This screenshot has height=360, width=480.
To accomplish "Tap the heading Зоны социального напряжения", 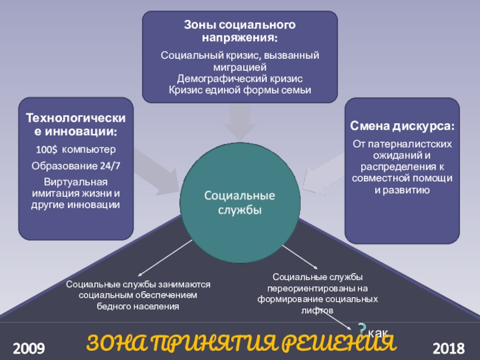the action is tap(239, 31).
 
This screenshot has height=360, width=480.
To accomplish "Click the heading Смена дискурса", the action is tap(402, 127).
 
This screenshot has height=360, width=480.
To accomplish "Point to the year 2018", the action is tap(448, 347).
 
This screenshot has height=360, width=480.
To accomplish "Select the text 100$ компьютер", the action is tap(76, 149).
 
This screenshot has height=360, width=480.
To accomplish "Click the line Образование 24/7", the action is tap(76, 166).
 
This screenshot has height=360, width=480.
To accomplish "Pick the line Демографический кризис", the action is tap(239, 79).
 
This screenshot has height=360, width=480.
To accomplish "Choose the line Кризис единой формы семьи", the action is tap(239, 89).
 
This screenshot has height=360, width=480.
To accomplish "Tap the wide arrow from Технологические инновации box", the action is tap(153, 171).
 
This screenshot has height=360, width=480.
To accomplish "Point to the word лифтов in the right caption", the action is tap(318, 310).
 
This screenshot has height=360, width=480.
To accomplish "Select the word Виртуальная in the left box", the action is tap(76, 182).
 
